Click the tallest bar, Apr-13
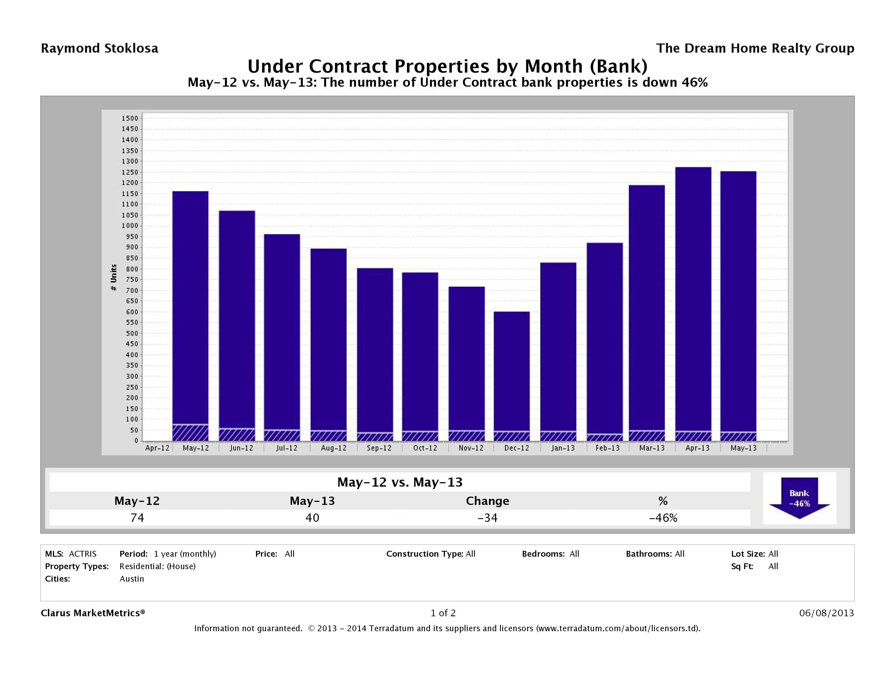pyautogui.click(x=693, y=299)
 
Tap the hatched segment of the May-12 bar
pyautogui.click(x=190, y=433)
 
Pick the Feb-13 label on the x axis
pyautogui.click(x=608, y=448)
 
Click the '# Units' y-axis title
pyautogui.click(x=114, y=278)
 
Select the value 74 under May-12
pyautogui.click(x=137, y=518)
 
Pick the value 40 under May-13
pyautogui.click(x=312, y=518)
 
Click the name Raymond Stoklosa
pyautogui.click(x=99, y=48)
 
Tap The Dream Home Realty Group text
pyautogui.click(x=755, y=48)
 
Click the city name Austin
pyautogui.click(x=132, y=579)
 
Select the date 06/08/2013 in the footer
pyautogui.click(x=826, y=613)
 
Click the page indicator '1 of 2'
pyautogui.click(x=443, y=613)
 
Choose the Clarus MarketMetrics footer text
pyautogui.click(x=93, y=613)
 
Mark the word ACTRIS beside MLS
pyautogui.click(x=83, y=554)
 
